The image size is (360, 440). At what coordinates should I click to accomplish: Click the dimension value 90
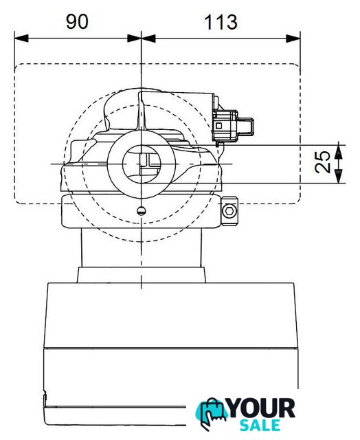77,22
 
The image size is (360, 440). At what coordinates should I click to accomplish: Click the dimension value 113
221,23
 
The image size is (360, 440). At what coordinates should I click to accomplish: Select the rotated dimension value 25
322,162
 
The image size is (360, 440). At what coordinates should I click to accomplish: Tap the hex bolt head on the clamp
229,210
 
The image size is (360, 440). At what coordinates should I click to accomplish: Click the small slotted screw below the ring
142,211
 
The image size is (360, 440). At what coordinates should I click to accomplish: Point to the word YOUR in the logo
262,408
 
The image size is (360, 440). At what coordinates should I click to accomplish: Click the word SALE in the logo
260,425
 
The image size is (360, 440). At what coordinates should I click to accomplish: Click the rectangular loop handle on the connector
246,126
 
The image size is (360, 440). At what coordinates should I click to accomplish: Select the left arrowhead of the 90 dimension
21,38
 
